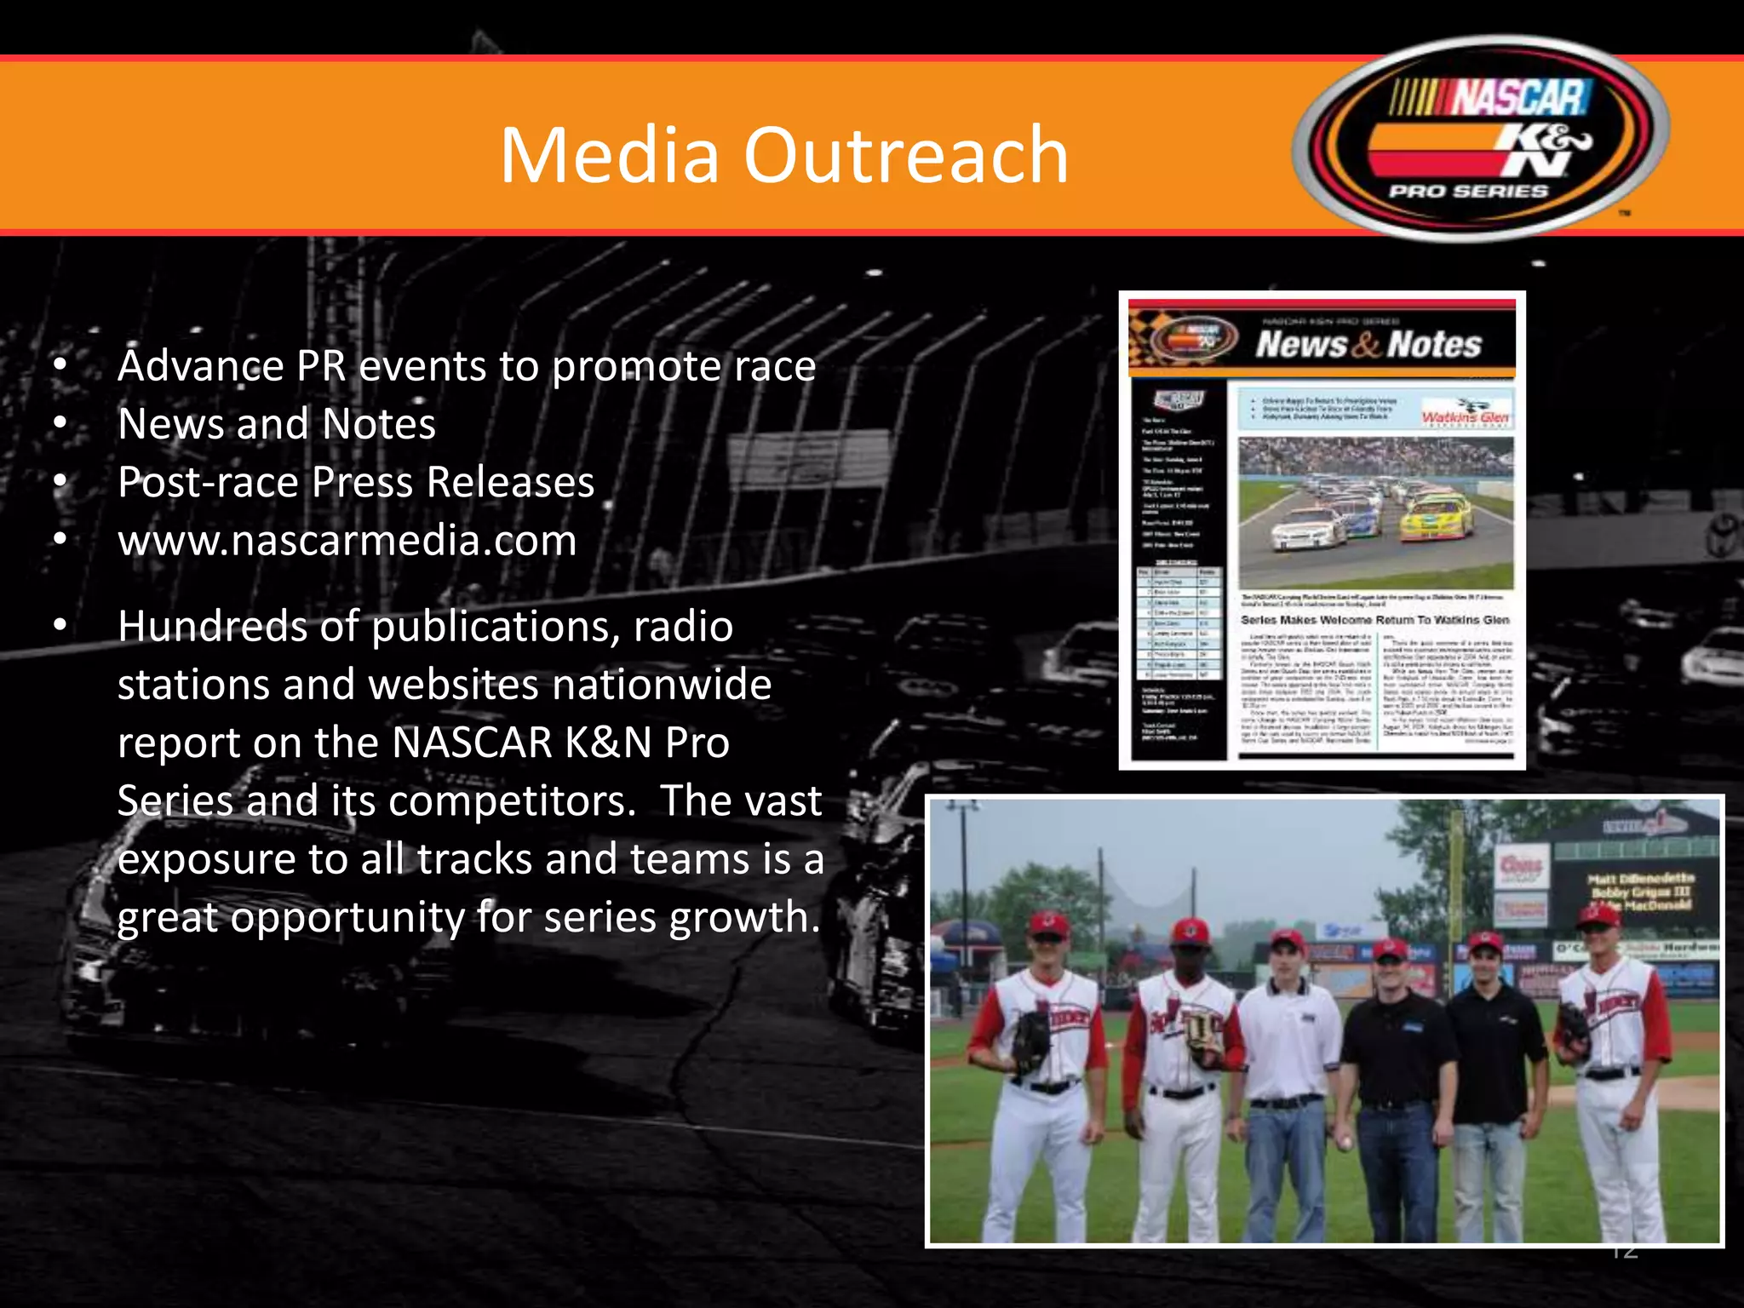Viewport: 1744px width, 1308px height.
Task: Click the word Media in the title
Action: [x=609, y=156]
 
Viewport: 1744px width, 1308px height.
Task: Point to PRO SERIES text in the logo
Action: [x=1468, y=192]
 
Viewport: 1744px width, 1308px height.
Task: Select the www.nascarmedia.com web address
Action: [x=347, y=541]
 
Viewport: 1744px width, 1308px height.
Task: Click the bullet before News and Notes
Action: [x=60, y=424]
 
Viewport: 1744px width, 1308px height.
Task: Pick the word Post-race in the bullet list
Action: [x=209, y=483]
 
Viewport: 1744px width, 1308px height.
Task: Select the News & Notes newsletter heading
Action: [x=1368, y=345]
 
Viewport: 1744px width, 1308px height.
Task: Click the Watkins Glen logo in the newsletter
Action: [x=1466, y=416]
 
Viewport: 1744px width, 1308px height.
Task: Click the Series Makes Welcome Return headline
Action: [x=1374, y=620]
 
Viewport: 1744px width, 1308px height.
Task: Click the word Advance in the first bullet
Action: [x=200, y=366]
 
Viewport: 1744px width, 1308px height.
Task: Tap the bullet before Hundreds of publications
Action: [x=60, y=626]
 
